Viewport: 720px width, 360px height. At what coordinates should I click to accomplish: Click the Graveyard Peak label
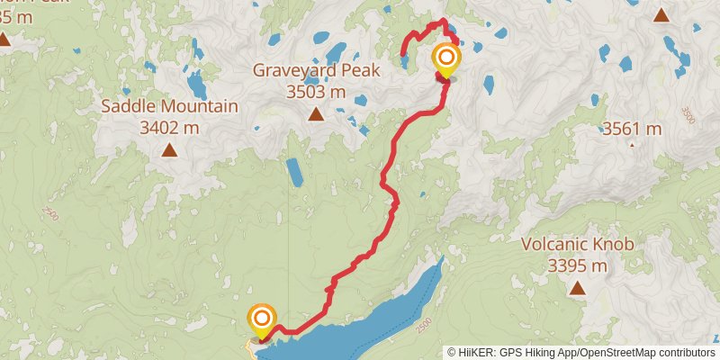316,70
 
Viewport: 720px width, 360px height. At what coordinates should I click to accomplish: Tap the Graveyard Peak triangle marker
316,114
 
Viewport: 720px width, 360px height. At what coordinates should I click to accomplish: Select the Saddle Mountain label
169,106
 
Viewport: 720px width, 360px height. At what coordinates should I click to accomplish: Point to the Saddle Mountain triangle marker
169,149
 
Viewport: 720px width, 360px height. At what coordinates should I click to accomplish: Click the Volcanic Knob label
578,244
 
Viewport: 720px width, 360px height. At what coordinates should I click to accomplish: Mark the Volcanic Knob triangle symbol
577,289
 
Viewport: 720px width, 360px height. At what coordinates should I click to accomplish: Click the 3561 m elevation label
632,129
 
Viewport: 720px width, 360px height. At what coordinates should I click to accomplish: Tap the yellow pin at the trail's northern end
445,59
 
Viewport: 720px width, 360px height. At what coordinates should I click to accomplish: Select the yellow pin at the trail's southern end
262,318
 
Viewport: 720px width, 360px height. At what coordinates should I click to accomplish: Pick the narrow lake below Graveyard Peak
294,172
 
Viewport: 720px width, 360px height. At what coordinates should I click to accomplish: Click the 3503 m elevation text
316,92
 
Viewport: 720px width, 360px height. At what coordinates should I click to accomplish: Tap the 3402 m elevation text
169,128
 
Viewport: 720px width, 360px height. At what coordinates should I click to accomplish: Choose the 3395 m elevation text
578,265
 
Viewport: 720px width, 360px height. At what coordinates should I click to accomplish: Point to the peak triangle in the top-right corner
661,14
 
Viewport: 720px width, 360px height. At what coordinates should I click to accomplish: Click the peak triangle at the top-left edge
4,39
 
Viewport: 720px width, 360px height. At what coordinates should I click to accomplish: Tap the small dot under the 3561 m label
632,144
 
